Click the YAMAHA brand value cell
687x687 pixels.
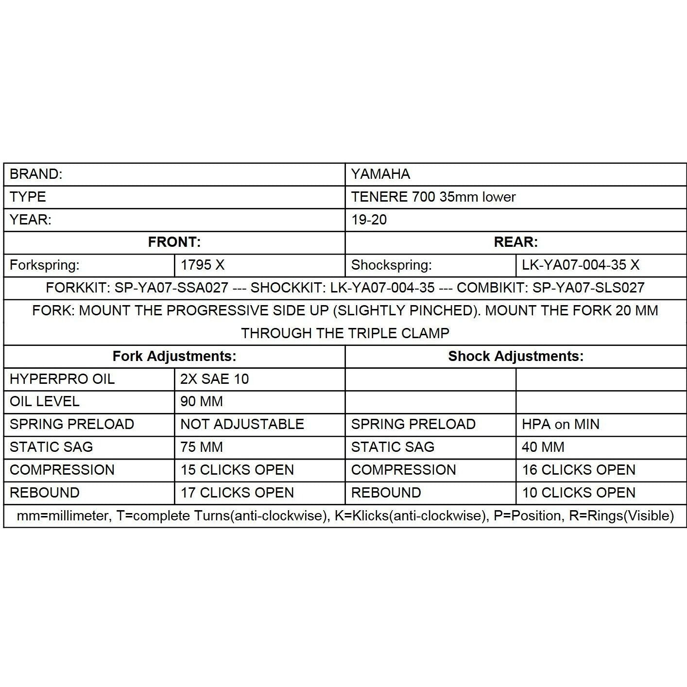pyautogui.click(x=380, y=174)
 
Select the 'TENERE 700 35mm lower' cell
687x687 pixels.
pyautogui.click(x=433, y=197)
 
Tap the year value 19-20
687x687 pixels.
pyautogui.click(x=369, y=220)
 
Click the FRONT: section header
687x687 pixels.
pyautogui.click(x=174, y=242)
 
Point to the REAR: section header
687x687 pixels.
pyautogui.click(x=515, y=242)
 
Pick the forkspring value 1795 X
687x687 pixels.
pyautogui.click(x=203, y=265)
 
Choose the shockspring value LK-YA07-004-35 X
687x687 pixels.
pyautogui.click(x=580, y=265)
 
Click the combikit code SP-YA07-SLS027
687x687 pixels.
pyautogui.click(x=588, y=288)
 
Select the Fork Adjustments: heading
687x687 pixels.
pyautogui.click(x=174, y=356)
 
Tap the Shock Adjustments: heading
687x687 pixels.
pyautogui.click(x=515, y=356)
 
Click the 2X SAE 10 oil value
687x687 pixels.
pyautogui.click(x=214, y=379)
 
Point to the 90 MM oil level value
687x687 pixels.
pyautogui.click(x=201, y=401)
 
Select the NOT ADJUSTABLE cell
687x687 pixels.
pyautogui.click(x=242, y=424)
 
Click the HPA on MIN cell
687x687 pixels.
pyautogui.click(x=560, y=424)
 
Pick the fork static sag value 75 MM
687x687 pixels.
pyautogui.click(x=201, y=447)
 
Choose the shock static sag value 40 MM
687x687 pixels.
pyautogui.click(x=543, y=447)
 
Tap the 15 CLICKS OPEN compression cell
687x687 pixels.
pyautogui.click(x=237, y=470)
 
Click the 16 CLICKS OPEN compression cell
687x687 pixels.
pyautogui.click(x=578, y=470)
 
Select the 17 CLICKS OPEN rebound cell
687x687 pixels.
pyautogui.click(x=237, y=493)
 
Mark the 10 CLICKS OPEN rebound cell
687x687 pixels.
pyautogui.click(x=578, y=493)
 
